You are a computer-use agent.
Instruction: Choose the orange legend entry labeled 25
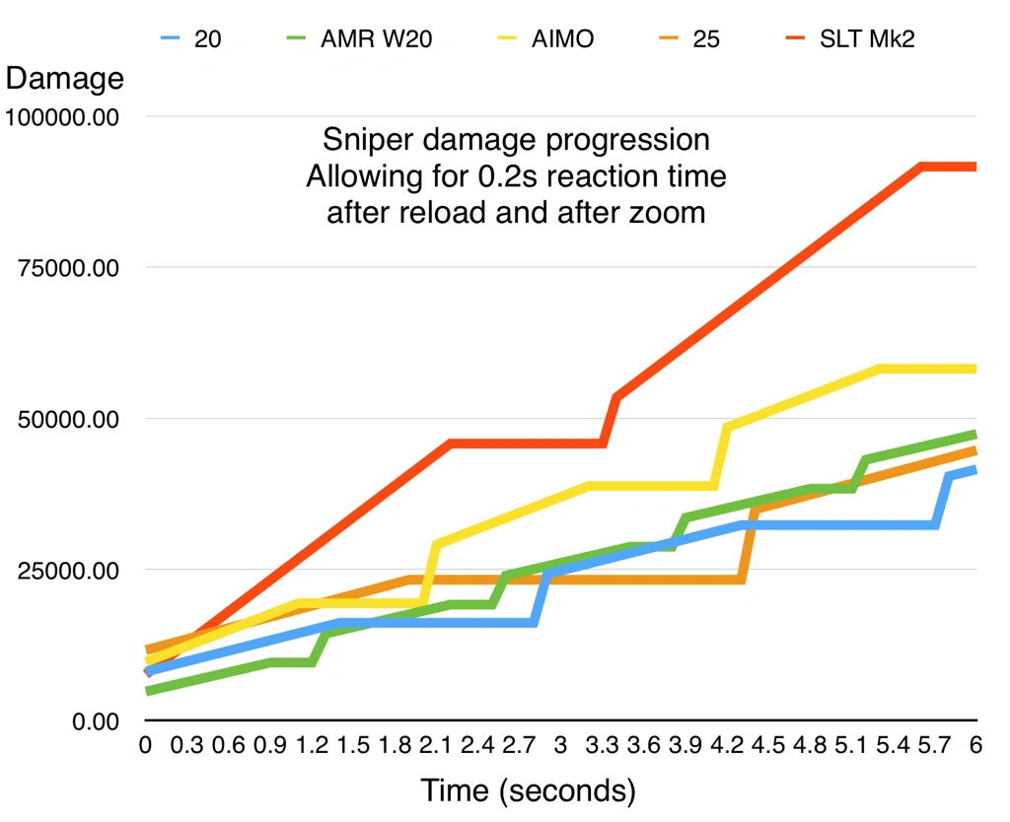[x=706, y=41]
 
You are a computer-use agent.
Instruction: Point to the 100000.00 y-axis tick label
[x=62, y=117]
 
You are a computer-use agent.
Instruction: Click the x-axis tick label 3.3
[x=603, y=747]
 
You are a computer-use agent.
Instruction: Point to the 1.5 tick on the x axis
[x=353, y=747]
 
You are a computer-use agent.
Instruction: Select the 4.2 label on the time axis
[x=727, y=747]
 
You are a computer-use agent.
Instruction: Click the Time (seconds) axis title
[x=528, y=790]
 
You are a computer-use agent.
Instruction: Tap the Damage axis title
[x=65, y=78]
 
